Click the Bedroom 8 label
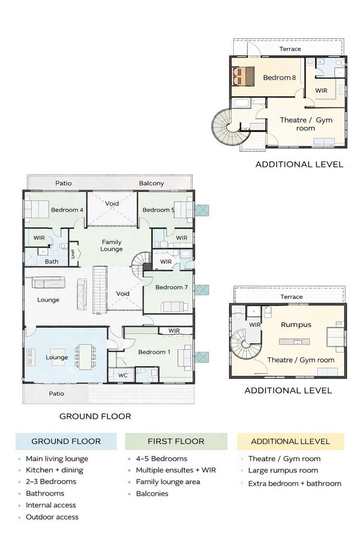279,77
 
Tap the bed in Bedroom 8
243,77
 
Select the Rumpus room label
296,324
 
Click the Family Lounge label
111,245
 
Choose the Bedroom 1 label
154,352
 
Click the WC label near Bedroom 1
123,375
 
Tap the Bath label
52,261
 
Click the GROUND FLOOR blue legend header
66,442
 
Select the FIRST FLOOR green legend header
176,442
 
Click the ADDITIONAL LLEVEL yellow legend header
290,442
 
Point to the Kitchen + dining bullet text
54,470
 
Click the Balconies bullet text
152,493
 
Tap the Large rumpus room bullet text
283,470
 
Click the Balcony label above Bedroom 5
151,183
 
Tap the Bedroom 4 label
67,210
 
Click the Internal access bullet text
51,505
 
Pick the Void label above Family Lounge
112,204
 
